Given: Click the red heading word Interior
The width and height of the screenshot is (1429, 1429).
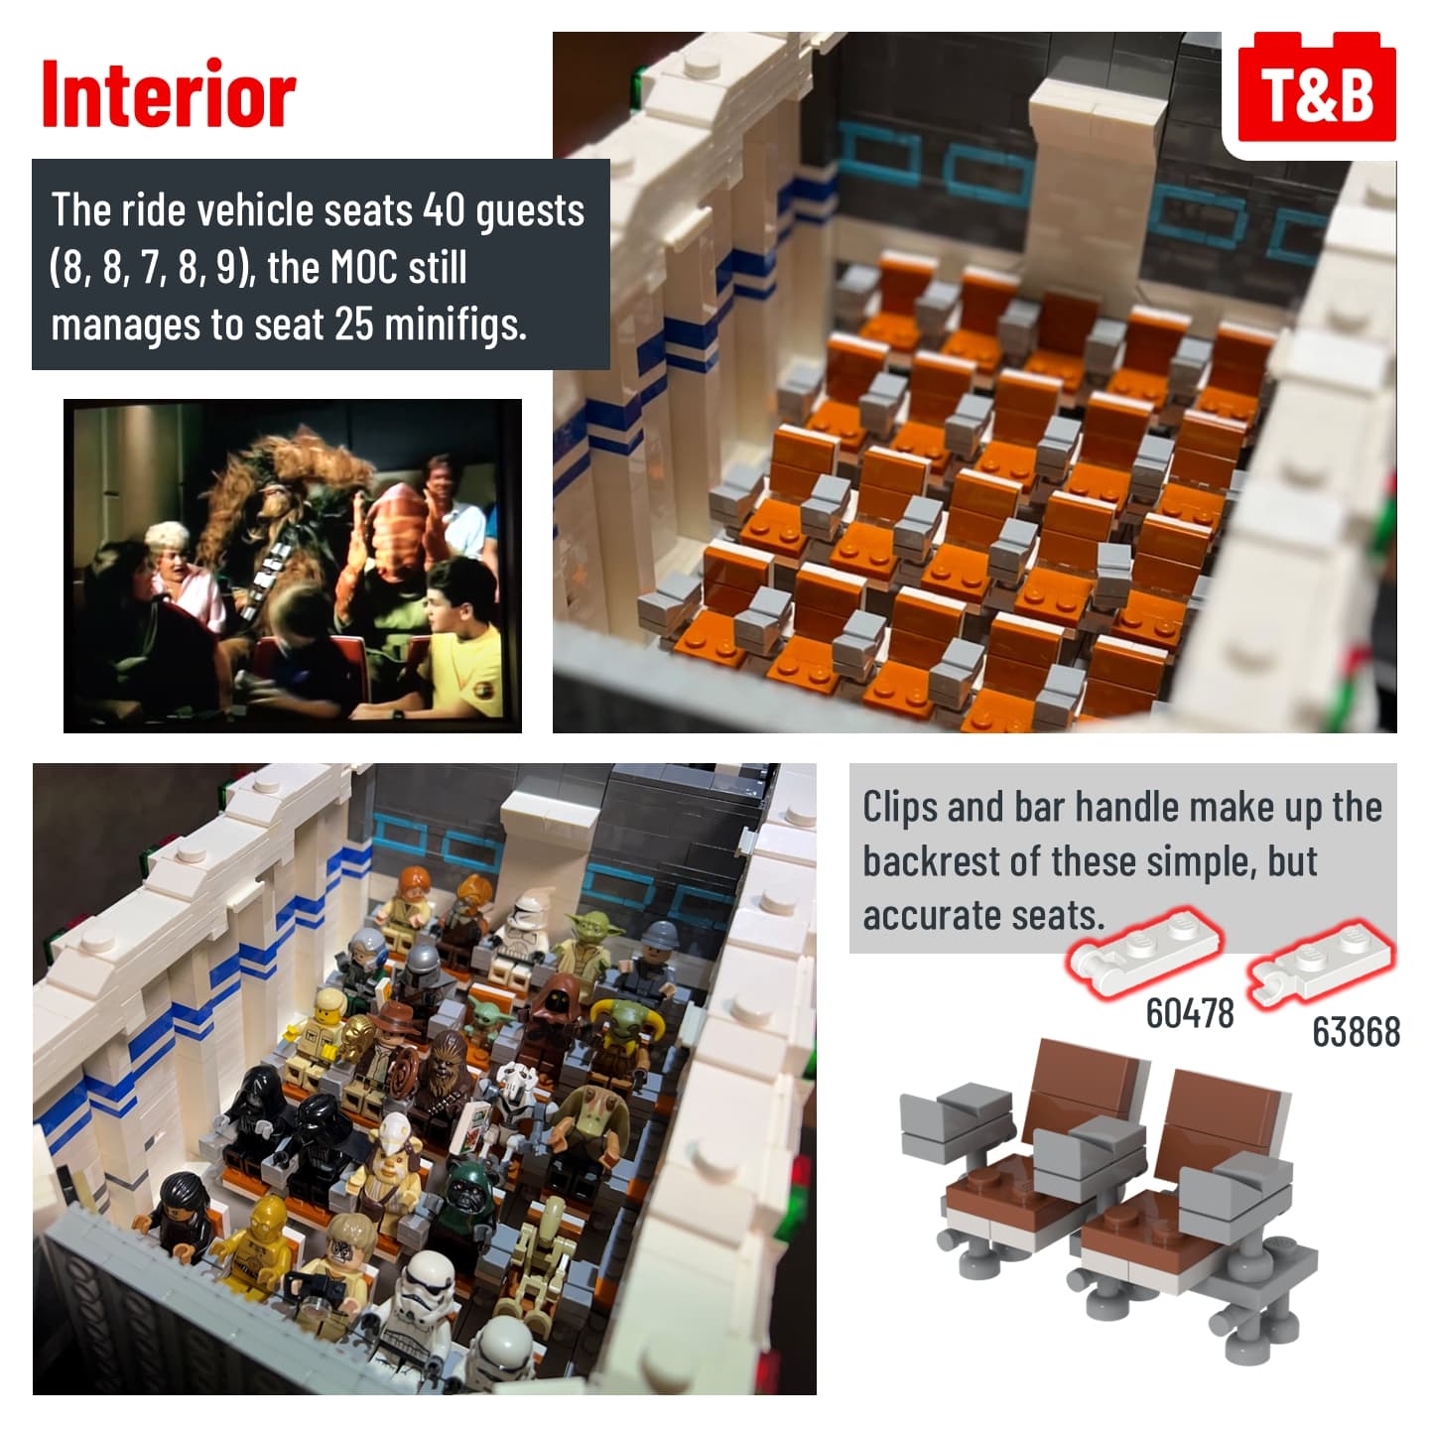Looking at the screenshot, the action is [169, 94].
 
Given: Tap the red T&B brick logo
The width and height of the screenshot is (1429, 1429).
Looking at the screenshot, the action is [1317, 87].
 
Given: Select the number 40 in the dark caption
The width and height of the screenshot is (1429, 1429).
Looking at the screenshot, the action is [445, 210].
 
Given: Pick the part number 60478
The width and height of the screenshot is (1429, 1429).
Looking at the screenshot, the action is [1190, 1013].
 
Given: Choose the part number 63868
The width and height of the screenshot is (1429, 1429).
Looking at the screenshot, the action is [1357, 1031].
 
